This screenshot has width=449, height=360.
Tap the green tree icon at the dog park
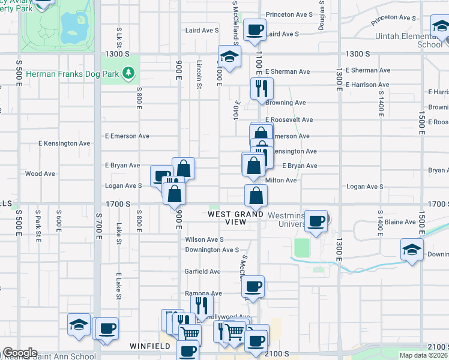tap(127, 73)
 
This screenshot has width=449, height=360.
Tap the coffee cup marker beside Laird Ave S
tap(255, 30)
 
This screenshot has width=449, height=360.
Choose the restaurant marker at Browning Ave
tap(261, 89)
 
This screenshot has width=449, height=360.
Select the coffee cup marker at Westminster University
tap(316, 221)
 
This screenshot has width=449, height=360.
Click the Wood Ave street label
tap(40, 174)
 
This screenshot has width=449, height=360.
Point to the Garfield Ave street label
tap(202, 271)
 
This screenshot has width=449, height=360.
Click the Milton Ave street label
tap(282, 180)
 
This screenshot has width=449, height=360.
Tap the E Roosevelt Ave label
tap(287, 120)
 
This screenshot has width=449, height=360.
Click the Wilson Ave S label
tap(204, 239)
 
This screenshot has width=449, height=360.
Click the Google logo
tap(20, 353)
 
